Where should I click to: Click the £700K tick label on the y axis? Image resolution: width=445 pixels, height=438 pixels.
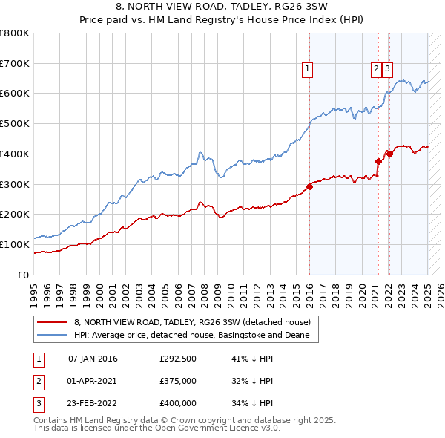(15, 63)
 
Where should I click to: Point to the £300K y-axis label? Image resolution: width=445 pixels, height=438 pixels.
(15, 184)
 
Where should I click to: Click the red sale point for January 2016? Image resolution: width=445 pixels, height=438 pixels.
(309, 186)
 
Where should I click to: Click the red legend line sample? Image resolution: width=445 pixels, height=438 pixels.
(51, 322)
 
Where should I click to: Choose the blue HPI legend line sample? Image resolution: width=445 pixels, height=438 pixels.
(51, 335)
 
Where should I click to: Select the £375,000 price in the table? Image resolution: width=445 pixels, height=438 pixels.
(178, 382)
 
